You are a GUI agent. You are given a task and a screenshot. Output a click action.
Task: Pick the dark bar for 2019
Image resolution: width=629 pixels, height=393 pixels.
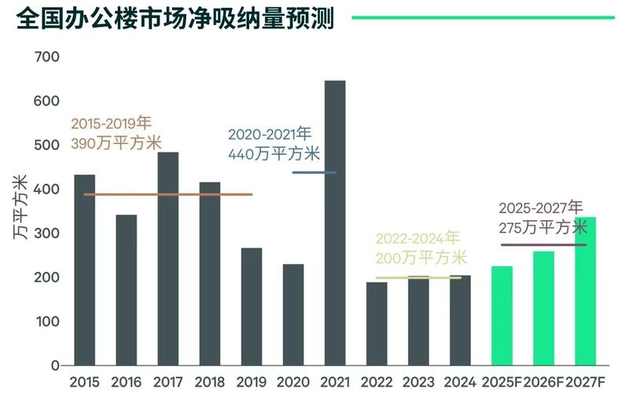(x=252, y=307)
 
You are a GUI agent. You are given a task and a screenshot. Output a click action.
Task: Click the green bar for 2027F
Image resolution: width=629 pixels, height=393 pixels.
(x=585, y=291)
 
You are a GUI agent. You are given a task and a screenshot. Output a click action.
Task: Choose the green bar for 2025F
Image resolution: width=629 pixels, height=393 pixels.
(x=502, y=315)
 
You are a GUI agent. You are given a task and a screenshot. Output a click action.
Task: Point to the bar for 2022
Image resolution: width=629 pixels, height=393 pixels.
(x=377, y=323)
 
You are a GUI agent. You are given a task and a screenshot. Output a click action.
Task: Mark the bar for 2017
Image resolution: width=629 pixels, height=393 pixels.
(x=167, y=259)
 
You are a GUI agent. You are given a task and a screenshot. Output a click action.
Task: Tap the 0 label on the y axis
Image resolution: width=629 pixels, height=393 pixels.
(x=55, y=366)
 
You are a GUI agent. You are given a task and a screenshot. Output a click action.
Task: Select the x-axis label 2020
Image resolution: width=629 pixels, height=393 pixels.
(x=293, y=382)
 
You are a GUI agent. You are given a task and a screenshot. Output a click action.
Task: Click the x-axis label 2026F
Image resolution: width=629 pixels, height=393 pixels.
(x=543, y=382)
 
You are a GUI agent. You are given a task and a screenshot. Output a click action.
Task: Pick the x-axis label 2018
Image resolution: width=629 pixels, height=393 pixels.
(x=210, y=382)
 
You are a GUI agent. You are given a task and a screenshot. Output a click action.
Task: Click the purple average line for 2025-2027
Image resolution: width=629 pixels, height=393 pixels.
(x=543, y=244)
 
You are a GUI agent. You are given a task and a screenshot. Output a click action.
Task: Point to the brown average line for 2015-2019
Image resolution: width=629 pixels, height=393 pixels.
(x=168, y=194)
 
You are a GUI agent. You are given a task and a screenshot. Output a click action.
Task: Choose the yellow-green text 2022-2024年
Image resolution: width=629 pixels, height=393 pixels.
(x=417, y=237)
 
